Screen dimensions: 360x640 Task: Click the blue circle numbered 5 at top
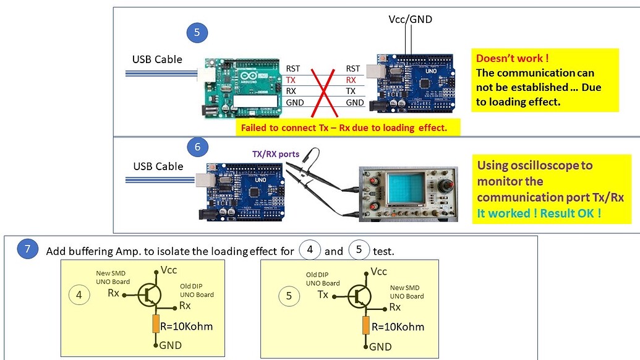pos(197,33)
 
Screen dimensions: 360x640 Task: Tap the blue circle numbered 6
pos(197,147)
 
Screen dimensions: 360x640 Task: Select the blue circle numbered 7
pos(27,251)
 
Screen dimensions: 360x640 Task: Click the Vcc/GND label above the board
pos(410,19)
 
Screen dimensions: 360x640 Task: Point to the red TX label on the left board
pos(291,80)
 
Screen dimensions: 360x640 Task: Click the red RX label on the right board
pos(351,80)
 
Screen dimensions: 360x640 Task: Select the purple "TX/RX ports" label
pos(275,154)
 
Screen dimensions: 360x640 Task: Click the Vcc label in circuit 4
pos(169,270)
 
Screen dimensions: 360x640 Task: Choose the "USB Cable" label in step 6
pos(158,166)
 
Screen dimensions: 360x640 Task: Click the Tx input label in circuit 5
pos(322,294)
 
